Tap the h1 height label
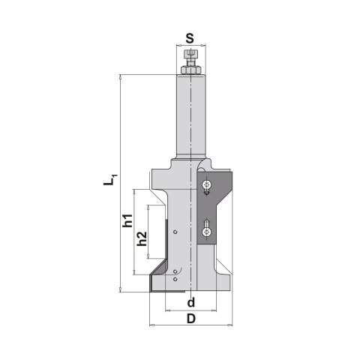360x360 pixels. pos(127,221)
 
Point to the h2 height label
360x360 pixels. pos(141,240)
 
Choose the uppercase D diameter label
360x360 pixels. pos(191,319)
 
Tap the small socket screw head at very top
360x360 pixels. pos(191,52)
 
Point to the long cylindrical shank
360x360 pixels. pos(191,112)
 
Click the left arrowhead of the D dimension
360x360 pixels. pos(153,326)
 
